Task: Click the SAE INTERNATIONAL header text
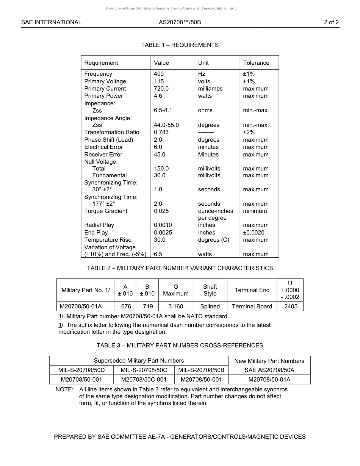[x=51, y=22]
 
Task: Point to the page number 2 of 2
[x=331, y=22]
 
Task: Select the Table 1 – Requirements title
[x=180, y=45]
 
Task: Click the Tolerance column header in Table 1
[x=256, y=63]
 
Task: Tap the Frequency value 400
[x=159, y=74]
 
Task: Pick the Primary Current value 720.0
[x=161, y=89]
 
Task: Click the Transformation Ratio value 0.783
[x=161, y=132]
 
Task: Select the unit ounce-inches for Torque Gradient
[x=215, y=211]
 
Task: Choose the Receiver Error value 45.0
[x=160, y=155]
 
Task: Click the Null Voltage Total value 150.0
[x=161, y=169]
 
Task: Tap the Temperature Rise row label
[x=108, y=240]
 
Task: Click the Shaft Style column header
[x=210, y=290]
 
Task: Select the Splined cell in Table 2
[x=210, y=306]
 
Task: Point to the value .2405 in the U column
[x=290, y=306]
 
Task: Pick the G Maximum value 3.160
[x=175, y=306]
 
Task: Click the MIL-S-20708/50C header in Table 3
[x=144, y=370]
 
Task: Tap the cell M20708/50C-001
[x=144, y=380]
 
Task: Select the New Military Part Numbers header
[x=269, y=361]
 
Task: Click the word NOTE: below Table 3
[x=64, y=389]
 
